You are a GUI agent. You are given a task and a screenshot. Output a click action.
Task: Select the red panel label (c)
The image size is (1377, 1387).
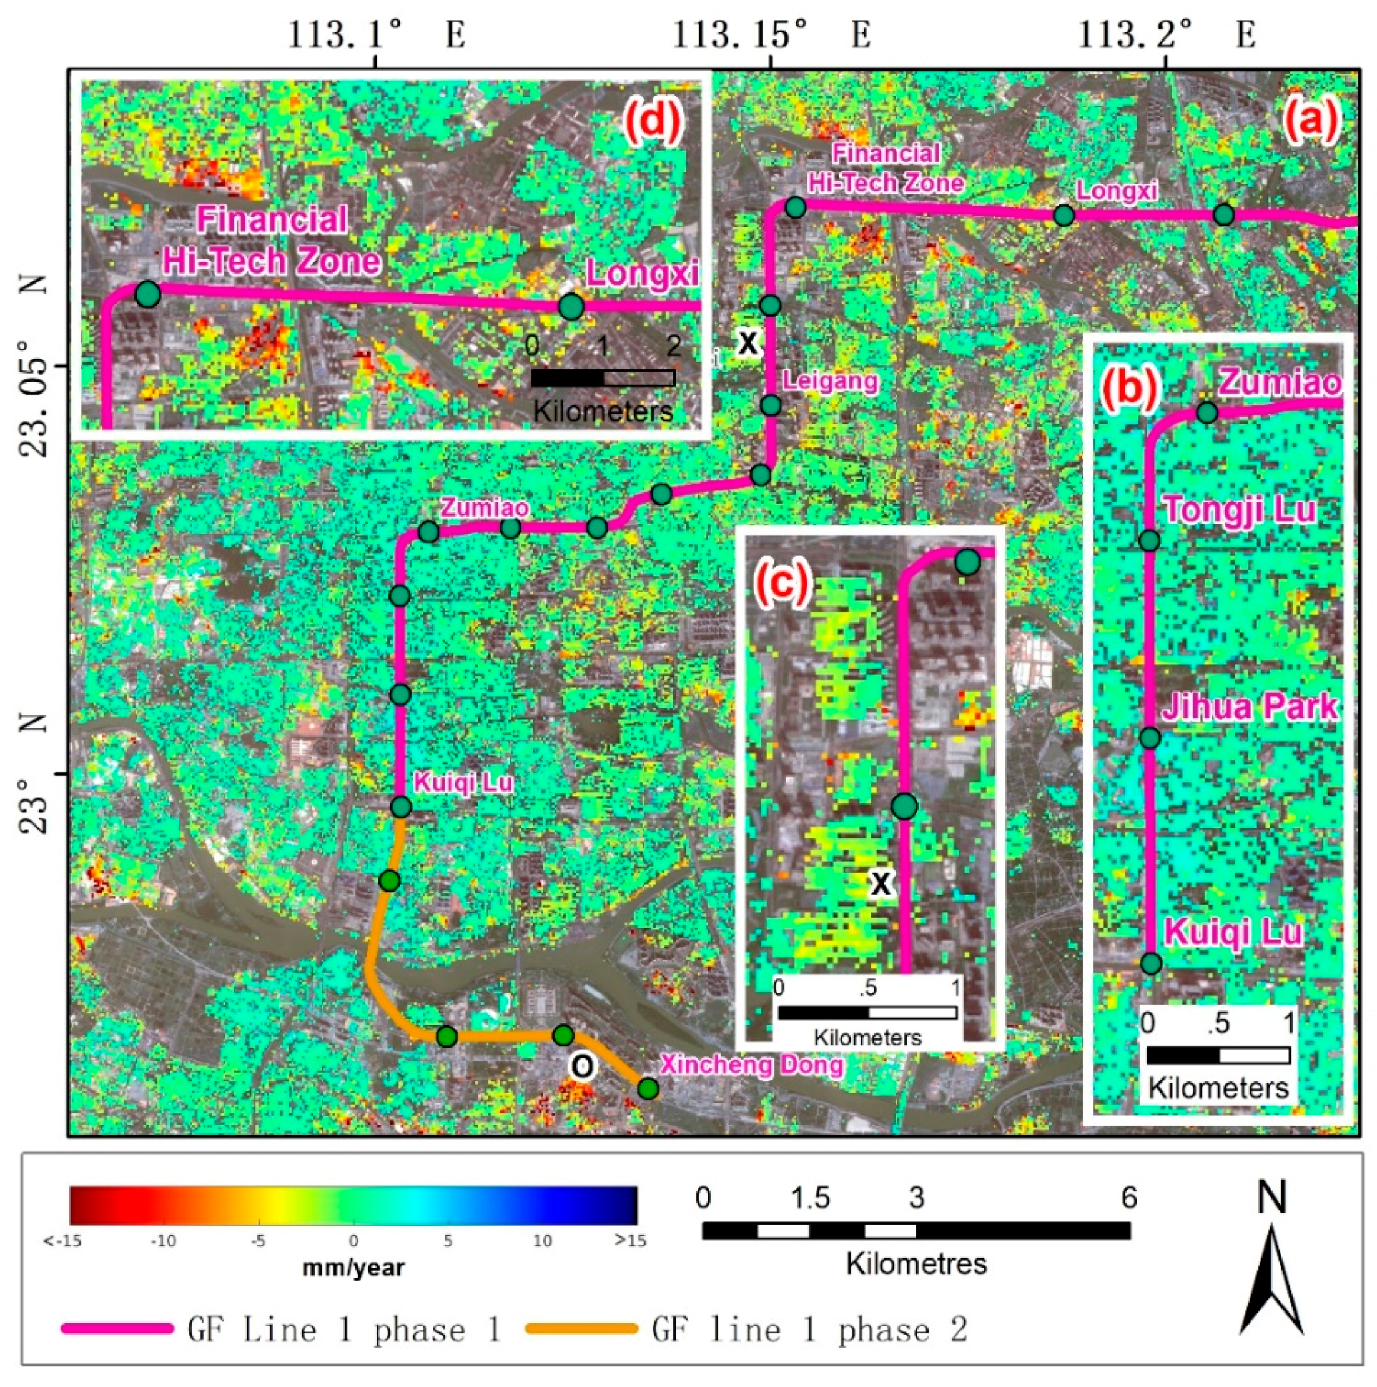coord(781,583)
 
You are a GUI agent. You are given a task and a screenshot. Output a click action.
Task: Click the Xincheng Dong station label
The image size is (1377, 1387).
coord(751,1065)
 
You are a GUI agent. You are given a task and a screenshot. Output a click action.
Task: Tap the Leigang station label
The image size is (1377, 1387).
coord(829,380)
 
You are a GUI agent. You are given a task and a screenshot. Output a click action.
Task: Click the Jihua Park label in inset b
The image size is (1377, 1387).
coord(1249,707)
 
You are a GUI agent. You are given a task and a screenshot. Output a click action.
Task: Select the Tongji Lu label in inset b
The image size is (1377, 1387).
coord(1238,510)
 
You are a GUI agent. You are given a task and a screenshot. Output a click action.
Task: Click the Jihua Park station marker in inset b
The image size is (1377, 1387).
coord(1150,738)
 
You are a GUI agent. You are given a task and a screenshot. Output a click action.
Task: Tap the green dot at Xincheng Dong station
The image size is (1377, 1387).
coord(648,1089)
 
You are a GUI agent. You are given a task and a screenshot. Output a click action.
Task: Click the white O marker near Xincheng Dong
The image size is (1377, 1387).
coord(582,1067)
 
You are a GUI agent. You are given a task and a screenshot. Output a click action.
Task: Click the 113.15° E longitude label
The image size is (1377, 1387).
coord(771,34)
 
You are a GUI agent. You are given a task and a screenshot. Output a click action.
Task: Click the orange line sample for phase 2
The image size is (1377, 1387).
coord(582,1328)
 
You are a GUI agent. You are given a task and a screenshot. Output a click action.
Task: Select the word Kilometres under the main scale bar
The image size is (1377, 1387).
coord(916,1263)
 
